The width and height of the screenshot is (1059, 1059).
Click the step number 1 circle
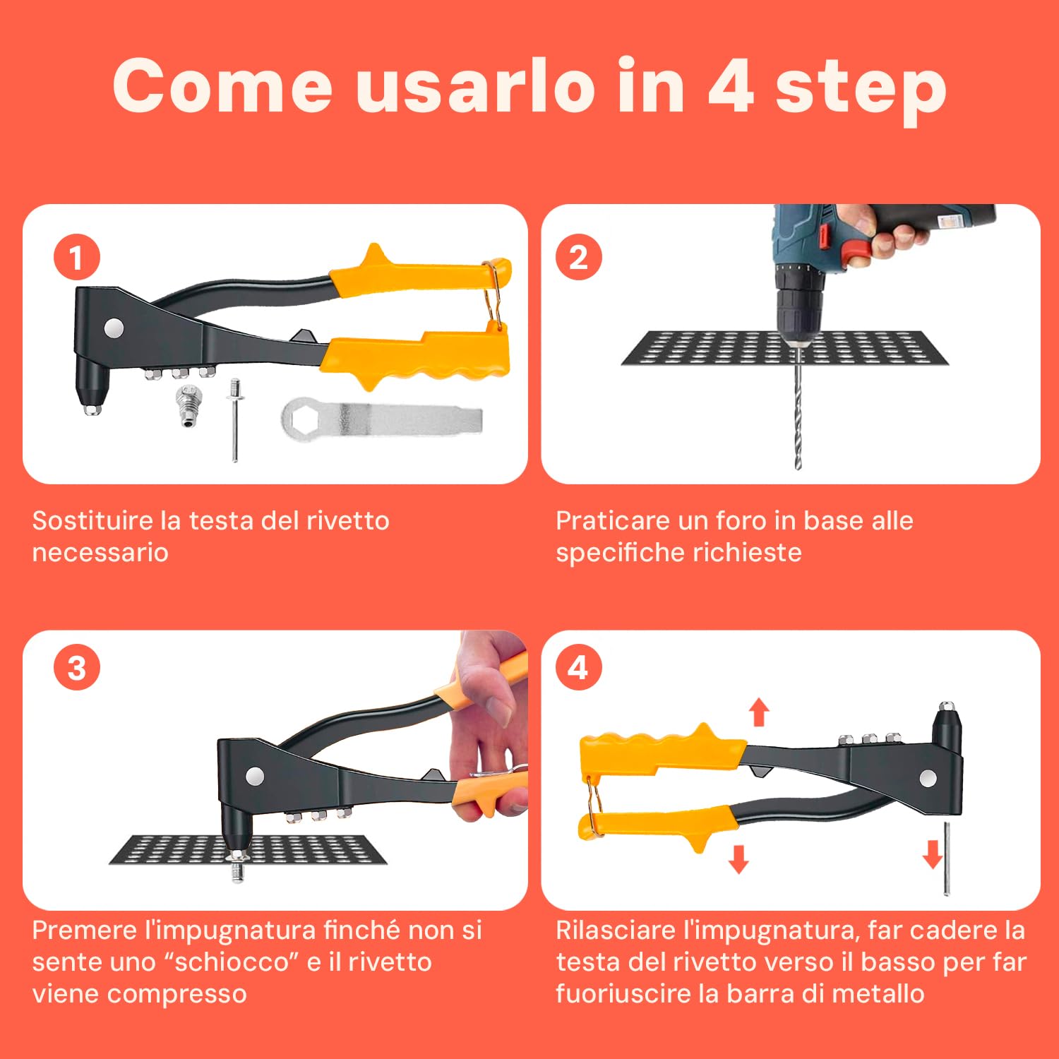(77, 257)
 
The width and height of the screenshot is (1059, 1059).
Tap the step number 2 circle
(578, 257)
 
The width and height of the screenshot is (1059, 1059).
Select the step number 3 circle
(77, 668)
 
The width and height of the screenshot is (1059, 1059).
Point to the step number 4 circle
(578, 668)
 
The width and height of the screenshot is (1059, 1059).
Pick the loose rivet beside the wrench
(234, 420)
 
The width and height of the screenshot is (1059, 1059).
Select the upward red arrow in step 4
(759, 712)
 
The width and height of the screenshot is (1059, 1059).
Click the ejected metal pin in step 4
(947, 858)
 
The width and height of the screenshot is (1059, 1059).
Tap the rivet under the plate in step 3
(237, 866)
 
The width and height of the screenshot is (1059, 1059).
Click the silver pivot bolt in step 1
(114, 328)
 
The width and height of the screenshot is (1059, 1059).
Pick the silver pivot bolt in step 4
(928, 778)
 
